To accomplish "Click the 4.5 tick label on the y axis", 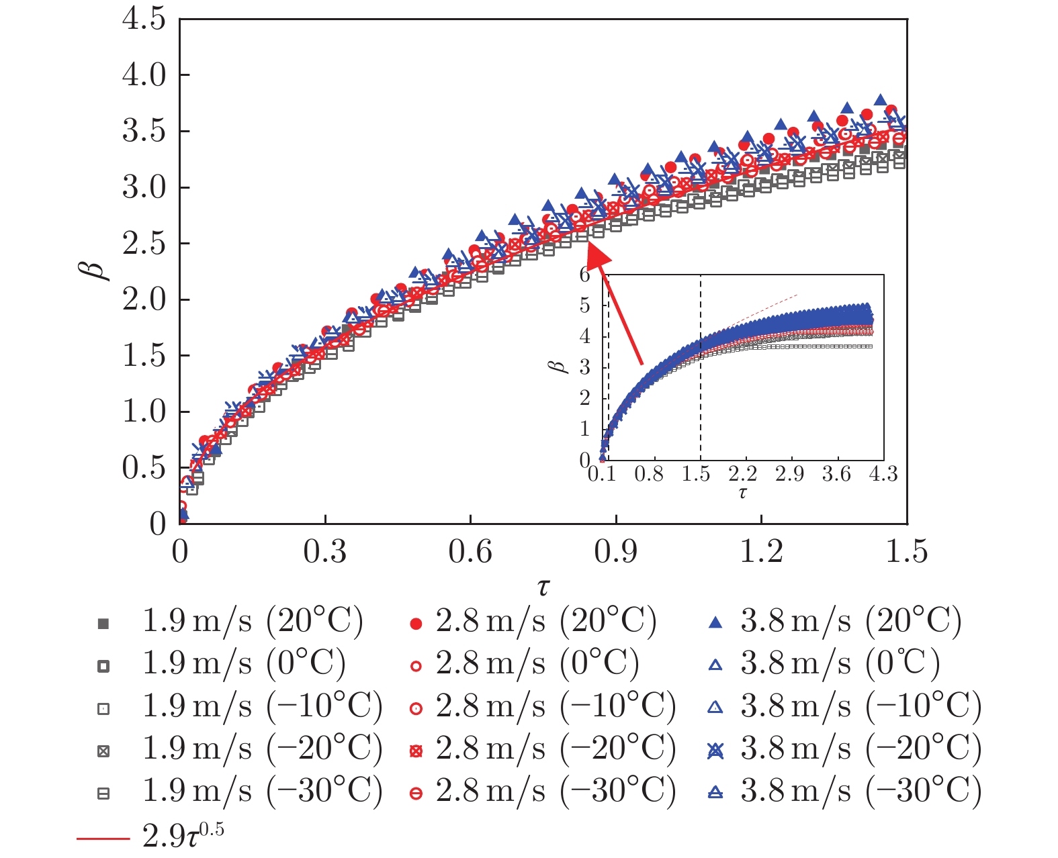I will pyautogui.click(x=144, y=19).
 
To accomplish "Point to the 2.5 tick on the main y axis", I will pyautogui.click(x=144, y=244).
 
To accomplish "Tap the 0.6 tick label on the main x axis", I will pyautogui.click(x=470, y=552).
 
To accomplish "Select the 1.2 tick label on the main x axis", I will pyautogui.click(x=761, y=552).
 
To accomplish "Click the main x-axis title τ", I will pyautogui.click(x=543, y=586).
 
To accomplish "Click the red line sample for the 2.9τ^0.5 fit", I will pyautogui.click(x=103, y=838).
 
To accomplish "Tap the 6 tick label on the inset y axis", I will pyautogui.click(x=584, y=275).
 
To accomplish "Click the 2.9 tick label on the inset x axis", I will pyautogui.click(x=789, y=474).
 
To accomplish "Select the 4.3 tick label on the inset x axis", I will pyautogui.click(x=883, y=474).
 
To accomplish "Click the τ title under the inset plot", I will pyautogui.click(x=742, y=493).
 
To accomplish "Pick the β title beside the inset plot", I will pyautogui.click(x=558, y=367).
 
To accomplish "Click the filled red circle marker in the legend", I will pyautogui.click(x=416, y=624).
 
